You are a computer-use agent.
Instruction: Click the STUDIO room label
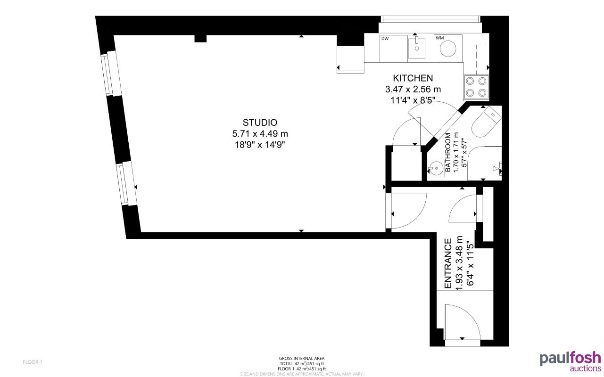pyautogui.click(x=256, y=123)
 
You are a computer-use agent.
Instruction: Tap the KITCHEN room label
pyautogui.click(x=413, y=78)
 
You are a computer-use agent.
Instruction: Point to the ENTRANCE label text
pyautogui.click(x=448, y=263)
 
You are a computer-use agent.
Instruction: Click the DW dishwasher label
pyautogui.click(x=384, y=39)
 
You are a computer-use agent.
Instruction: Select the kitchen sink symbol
pyautogui.click(x=417, y=48)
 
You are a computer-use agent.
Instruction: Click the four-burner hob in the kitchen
pyautogui.click(x=476, y=87)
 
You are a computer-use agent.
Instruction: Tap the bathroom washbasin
pyautogui.click(x=436, y=167)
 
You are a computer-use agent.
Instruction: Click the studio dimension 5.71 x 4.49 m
pyautogui.click(x=256, y=134)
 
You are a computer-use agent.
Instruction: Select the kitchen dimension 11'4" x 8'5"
pyautogui.click(x=413, y=100)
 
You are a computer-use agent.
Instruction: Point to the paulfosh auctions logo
pyautogui.click(x=570, y=361)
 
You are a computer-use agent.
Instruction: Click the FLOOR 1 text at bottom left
pyautogui.click(x=33, y=362)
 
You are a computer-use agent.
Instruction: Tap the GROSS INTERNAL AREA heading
pyautogui.click(x=301, y=359)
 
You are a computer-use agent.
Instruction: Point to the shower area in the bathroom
pyautogui.click(x=486, y=163)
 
